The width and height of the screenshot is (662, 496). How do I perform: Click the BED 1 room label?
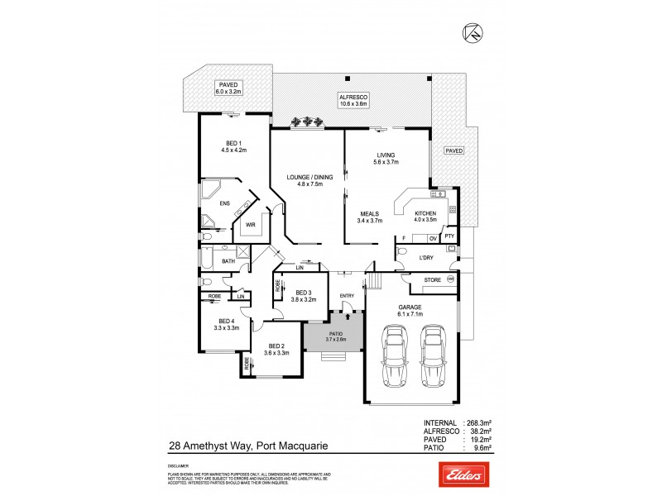point(234,145)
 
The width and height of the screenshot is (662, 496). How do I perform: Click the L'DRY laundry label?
point(426,258)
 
